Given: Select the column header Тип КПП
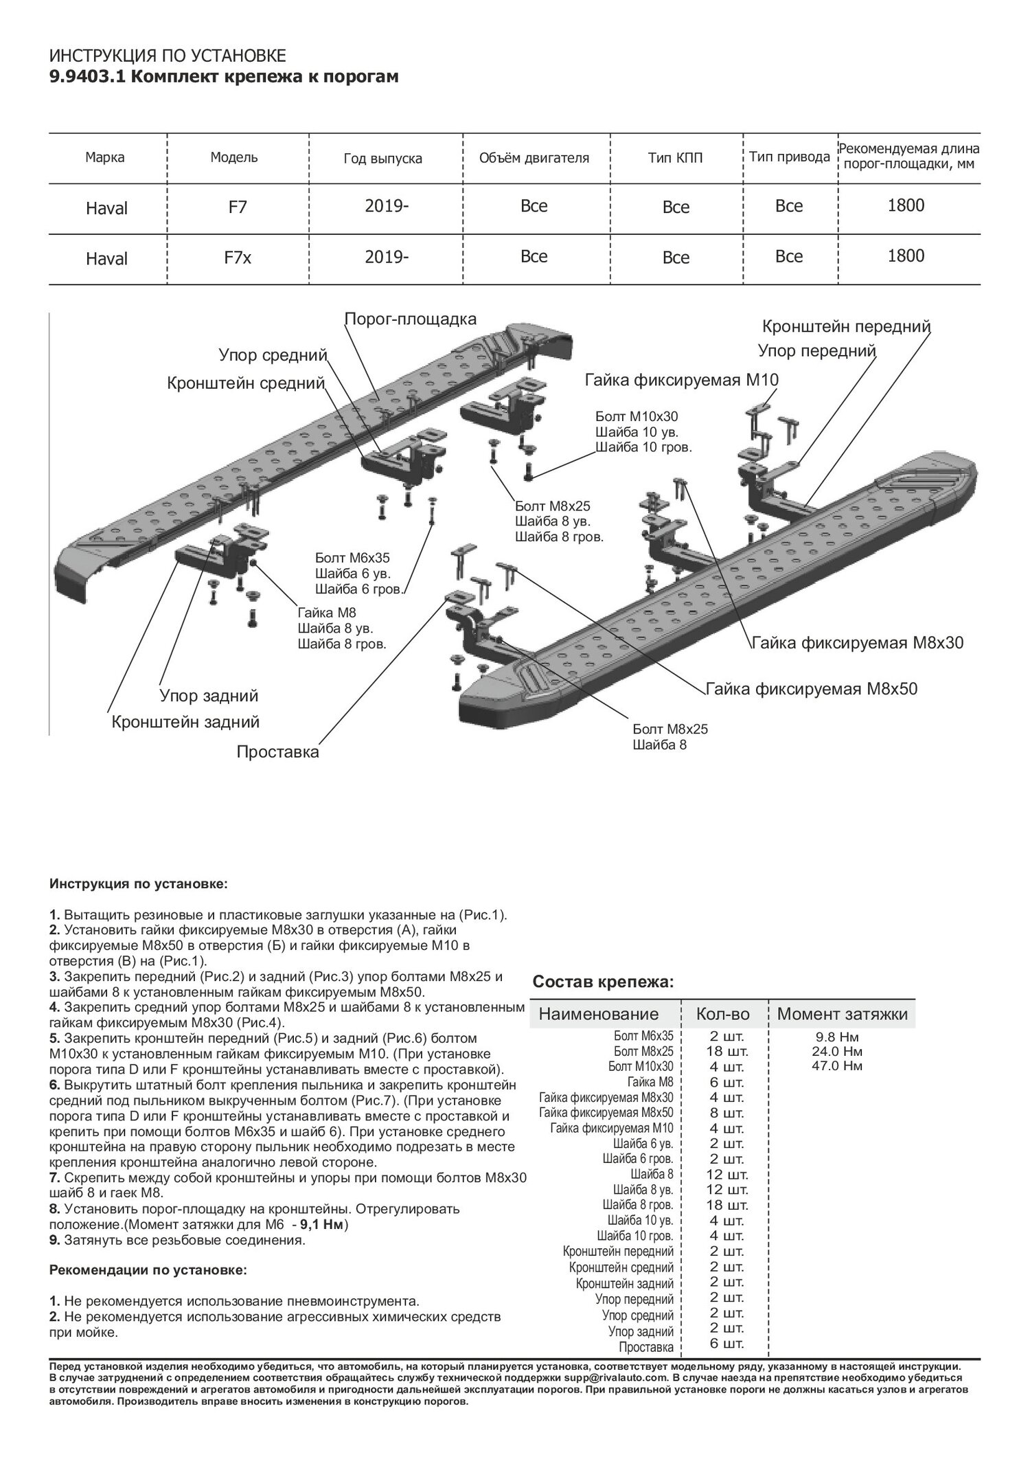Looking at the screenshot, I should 675,158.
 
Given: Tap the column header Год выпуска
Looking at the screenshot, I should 382,159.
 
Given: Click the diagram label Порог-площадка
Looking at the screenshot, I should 410,319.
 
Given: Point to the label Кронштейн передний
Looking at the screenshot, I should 846,326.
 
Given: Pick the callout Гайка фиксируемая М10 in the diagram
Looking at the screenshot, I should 682,380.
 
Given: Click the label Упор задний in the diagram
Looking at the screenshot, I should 209,696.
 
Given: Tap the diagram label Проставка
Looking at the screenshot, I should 277,752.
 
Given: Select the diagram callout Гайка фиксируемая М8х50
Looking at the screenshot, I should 811,688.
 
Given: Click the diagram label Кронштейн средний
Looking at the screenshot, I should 245,383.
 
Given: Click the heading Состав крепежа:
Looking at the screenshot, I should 604,982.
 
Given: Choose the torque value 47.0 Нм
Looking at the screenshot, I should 843,1066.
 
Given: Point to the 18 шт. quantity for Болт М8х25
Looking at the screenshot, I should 726,1051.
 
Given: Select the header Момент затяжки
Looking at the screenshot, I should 842,1014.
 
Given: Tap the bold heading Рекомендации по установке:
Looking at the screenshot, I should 148,1270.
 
